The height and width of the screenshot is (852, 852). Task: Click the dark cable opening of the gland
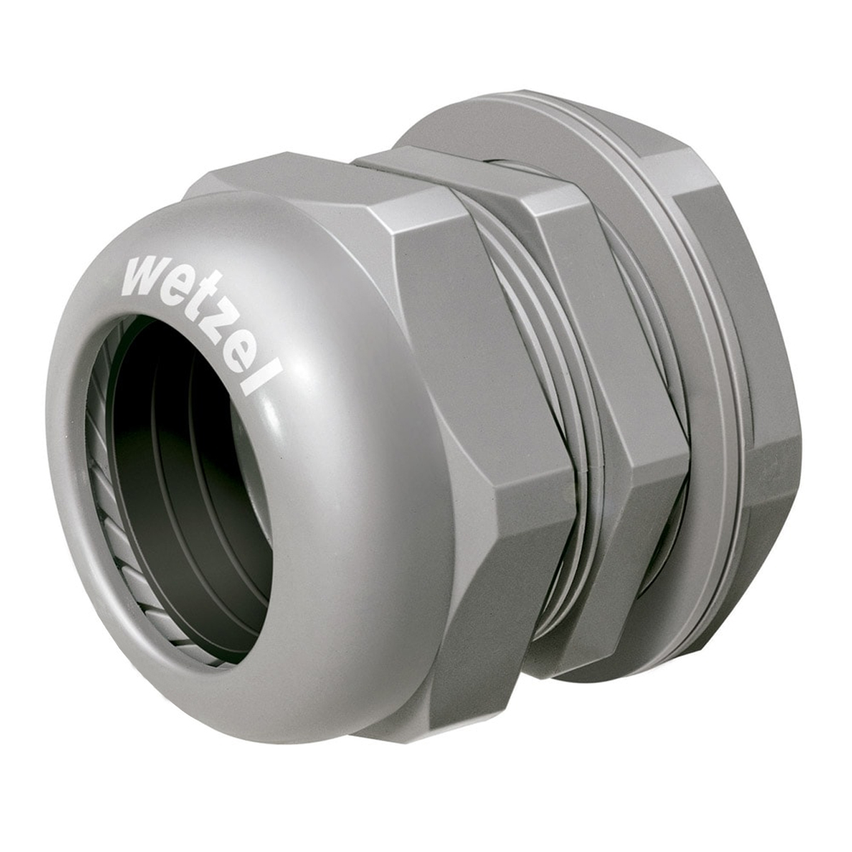(199, 490)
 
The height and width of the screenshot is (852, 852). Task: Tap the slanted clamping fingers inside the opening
(106, 497)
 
